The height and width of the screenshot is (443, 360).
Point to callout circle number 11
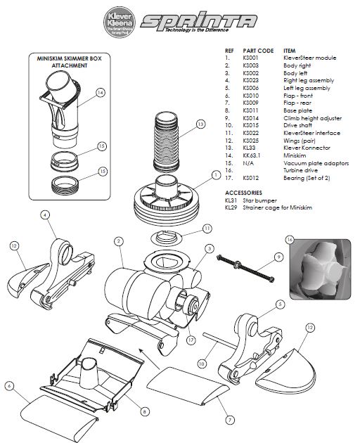tap(206, 229)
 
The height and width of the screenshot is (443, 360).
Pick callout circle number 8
tap(144, 411)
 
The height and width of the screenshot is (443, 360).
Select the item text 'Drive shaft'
tap(297, 126)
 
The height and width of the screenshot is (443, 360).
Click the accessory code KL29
tap(230, 207)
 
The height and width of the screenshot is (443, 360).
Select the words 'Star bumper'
tap(260, 200)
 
